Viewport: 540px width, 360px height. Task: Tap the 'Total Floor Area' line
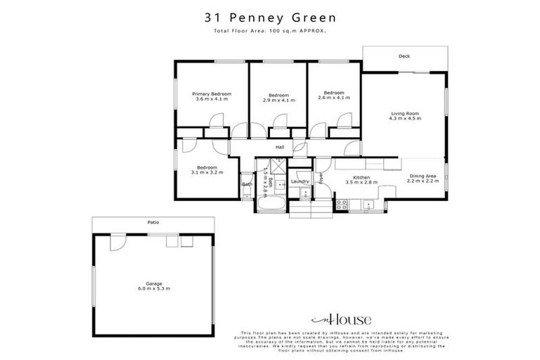coord(270,32)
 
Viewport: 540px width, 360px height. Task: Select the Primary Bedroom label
coord(212,94)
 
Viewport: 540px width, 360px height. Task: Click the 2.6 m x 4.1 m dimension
coord(334,99)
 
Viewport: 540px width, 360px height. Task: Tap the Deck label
coord(404,56)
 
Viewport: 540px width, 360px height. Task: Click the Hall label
coord(279,147)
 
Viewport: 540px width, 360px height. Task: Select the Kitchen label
coord(361,177)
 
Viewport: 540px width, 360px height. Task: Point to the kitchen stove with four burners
coord(342,204)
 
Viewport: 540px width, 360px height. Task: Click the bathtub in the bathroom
coord(271,205)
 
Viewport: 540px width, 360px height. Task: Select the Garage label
coord(153,283)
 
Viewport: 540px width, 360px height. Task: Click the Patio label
coord(153,222)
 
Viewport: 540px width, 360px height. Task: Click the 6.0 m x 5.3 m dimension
coord(153,289)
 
